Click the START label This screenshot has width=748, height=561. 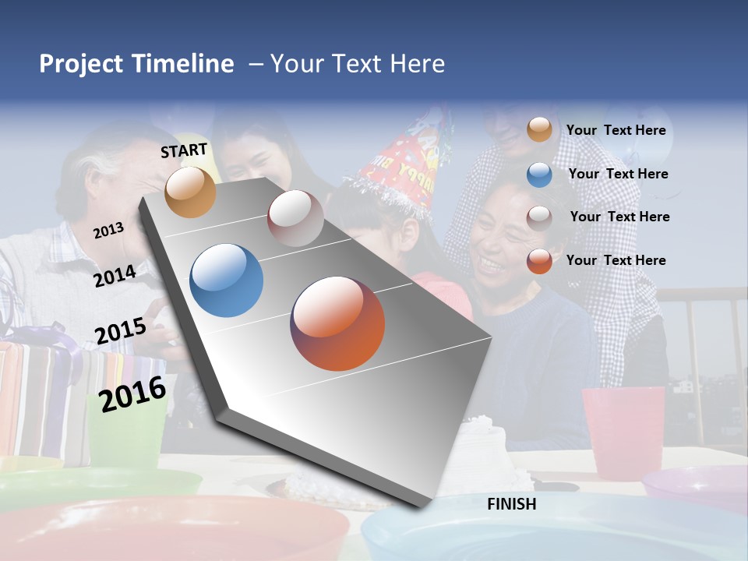(184, 150)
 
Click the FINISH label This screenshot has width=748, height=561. (511, 504)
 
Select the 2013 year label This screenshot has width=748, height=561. (108, 230)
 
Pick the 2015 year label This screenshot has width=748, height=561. (120, 331)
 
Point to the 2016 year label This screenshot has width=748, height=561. (132, 394)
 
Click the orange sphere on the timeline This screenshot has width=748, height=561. (190, 192)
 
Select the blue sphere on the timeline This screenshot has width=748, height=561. (226, 280)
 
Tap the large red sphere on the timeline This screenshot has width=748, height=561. (337, 323)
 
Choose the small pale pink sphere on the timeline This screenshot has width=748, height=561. (295, 217)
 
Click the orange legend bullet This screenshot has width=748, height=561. (539, 130)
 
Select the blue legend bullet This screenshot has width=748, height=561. (539, 175)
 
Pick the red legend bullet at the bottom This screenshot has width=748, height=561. (539, 261)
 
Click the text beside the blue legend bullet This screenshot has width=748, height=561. (618, 174)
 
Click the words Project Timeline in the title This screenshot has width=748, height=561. (136, 64)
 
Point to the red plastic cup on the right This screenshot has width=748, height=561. (623, 431)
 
